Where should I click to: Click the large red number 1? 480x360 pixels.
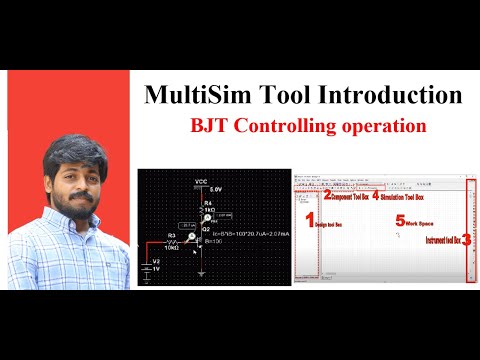click(308, 219)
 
